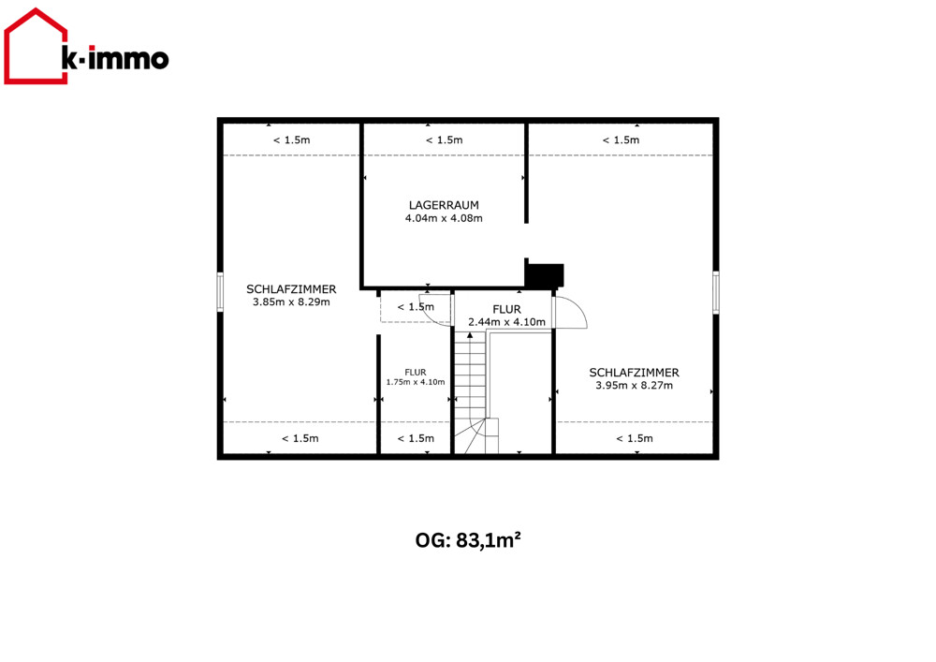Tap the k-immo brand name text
coord(115,58)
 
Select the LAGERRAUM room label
coord(444,205)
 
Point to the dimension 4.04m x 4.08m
coord(444,218)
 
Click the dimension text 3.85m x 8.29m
coord(291,302)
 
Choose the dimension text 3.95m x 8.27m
coord(634,386)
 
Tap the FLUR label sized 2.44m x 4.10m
coord(506,309)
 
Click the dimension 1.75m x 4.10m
coord(416,382)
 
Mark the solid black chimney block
coord(545,275)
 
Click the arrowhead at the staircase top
coord(470,335)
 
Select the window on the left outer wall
coord(220,292)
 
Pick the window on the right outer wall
coord(716,292)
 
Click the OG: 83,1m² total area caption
coord(468,540)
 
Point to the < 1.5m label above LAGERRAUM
coord(444,140)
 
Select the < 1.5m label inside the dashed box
coord(416,307)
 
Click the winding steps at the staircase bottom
coord(476,435)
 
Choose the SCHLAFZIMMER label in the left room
coord(291,289)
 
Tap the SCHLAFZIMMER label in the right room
coord(634,373)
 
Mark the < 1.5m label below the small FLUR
coord(416,439)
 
